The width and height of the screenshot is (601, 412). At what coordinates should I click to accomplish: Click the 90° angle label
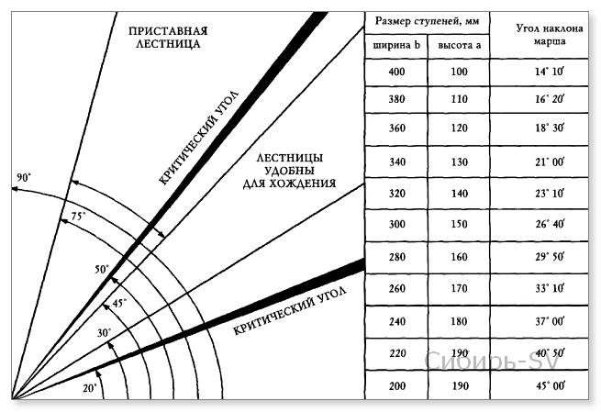(x=24, y=177)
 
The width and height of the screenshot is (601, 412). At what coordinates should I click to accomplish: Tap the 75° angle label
(x=79, y=217)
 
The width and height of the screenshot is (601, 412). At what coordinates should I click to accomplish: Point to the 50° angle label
(x=103, y=269)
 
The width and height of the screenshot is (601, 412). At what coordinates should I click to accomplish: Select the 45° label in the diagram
(x=119, y=303)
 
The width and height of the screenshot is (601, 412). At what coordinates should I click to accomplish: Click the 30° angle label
(x=105, y=332)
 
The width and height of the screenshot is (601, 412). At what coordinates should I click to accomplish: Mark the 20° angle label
(x=90, y=388)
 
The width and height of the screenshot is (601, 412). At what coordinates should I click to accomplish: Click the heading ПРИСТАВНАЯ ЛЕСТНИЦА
(x=168, y=38)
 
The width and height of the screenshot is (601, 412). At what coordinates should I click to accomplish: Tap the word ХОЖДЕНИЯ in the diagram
(x=303, y=184)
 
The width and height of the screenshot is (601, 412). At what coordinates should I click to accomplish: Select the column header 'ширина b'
(x=396, y=45)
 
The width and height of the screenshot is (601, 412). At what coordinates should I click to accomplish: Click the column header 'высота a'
(x=459, y=45)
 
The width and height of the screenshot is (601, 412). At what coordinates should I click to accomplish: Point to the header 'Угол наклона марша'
(x=550, y=34)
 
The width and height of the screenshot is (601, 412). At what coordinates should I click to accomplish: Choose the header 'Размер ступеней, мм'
(x=427, y=21)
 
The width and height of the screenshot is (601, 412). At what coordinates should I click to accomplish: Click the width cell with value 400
(x=396, y=72)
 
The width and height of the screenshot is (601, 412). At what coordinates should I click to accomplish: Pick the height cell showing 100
(x=459, y=72)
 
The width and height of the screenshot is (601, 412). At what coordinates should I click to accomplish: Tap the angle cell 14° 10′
(x=550, y=72)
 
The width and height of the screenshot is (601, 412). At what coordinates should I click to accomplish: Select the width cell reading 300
(x=397, y=224)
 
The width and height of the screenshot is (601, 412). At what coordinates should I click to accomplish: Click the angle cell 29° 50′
(x=550, y=256)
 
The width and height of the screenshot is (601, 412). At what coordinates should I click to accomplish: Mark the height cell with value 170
(x=459, y=288)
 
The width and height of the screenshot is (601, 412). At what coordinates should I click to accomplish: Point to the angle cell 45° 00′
(x=550, y=385)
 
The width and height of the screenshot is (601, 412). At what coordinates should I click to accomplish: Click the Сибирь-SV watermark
(x=492, y=361)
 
